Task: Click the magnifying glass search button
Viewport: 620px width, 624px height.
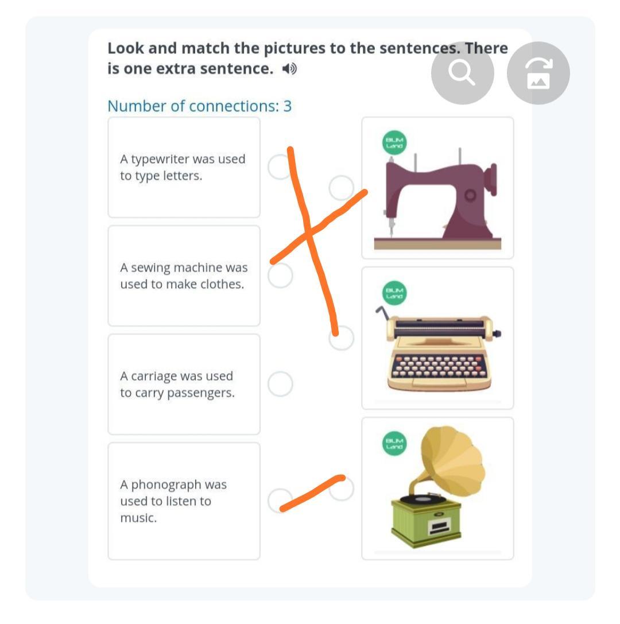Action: [x=462, y=73]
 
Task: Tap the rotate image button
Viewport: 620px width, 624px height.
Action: [x=538, y=73]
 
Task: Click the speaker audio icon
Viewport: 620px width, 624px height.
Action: [x=289, y=69]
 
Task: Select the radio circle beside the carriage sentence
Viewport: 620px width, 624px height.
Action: [x=280, y=384]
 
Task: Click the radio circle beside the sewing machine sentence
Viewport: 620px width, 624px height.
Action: [x=280, y=276]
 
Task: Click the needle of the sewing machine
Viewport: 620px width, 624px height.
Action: [x=392, y=225]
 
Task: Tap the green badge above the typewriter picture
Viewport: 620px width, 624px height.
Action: [x=394, y=293]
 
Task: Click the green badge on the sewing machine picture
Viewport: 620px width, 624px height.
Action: [x=394, y=142]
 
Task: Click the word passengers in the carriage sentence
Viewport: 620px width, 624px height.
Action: [x=200, y=393]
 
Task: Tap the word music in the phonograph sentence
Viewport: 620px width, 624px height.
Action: [x=138, y=518]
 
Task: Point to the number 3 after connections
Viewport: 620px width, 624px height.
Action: [x=287, y=106]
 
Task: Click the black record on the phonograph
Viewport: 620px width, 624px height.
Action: [x=423, y=498]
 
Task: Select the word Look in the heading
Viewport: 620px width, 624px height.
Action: [x=126, y=48]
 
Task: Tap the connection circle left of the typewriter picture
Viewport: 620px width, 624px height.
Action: [x=342, y=338]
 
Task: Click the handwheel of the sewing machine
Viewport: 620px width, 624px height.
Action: [x=493, y=180]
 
